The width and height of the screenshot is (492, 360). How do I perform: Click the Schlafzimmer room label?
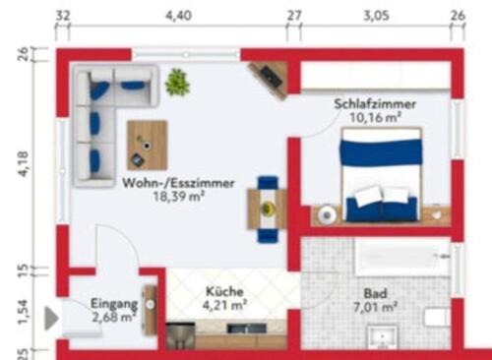coord(374,103)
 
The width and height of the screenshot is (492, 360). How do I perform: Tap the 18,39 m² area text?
coord(177,197)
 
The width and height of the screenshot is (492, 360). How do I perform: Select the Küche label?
coord(224,292)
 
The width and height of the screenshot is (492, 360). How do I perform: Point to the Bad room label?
coord(375,294)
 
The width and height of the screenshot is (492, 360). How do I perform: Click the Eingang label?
coord(112,303)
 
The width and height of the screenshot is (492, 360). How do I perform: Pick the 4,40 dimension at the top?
coord(178,16)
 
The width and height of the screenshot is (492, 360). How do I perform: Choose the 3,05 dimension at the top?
coord(377,16)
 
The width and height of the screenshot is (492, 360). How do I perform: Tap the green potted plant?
coord(177,82)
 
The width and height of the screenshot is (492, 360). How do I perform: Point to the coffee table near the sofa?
coord(147,144)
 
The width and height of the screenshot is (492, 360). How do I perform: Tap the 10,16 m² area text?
coord(374,118)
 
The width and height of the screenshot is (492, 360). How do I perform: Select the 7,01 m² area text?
coord(375,308)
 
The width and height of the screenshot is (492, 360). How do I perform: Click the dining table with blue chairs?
coord(268,208)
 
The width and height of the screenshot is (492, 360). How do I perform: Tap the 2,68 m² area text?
coord(111,317)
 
